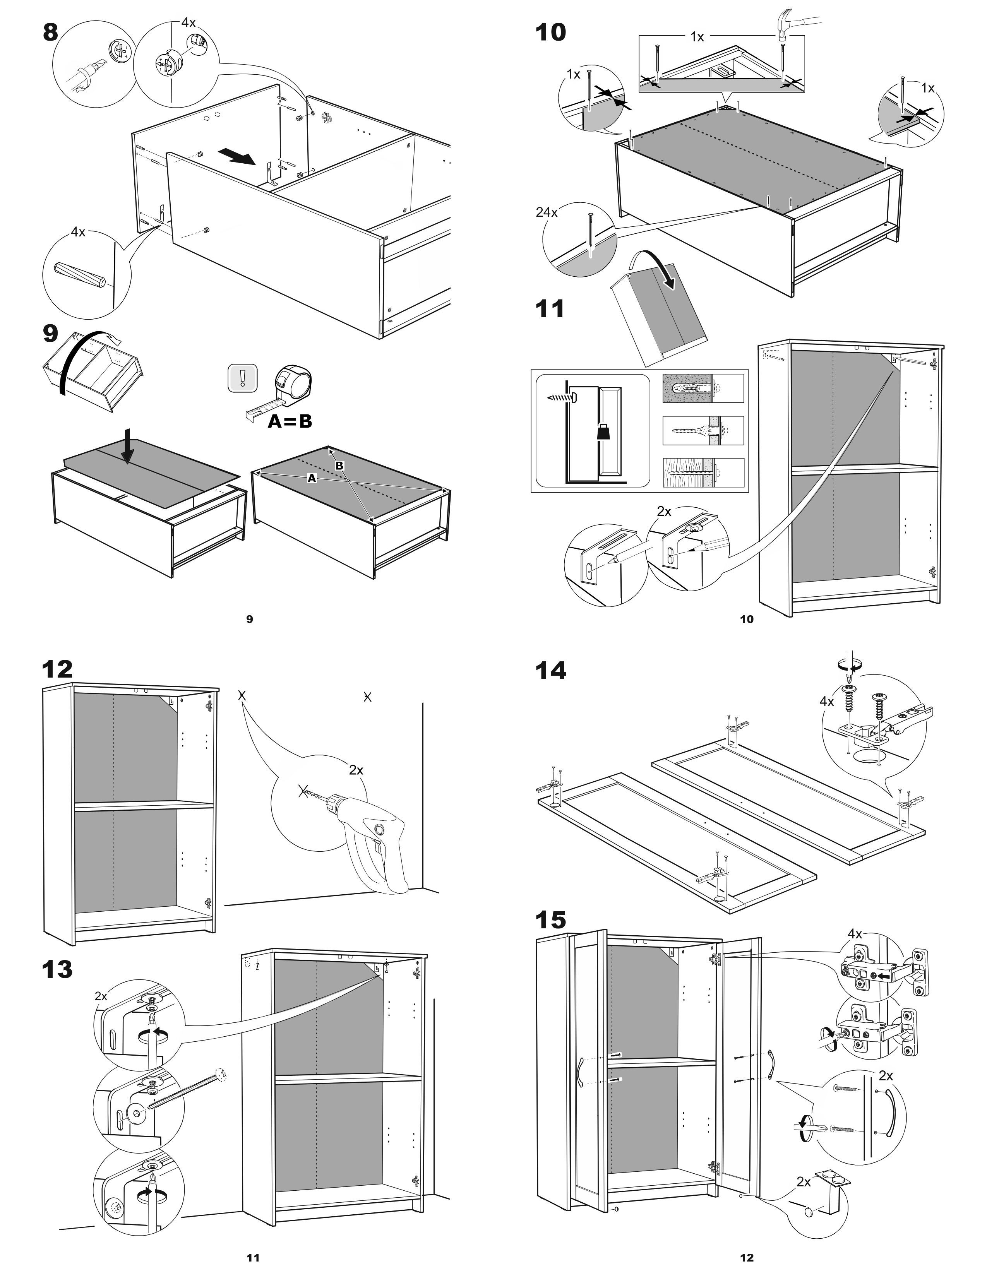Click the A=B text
click(290, 421)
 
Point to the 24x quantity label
click(546, 212)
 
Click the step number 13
click(57, 969)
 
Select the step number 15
click(551, 920)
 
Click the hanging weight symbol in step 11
click(603, 434)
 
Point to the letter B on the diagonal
click(339, 466)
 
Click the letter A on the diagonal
click(312, 478)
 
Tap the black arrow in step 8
click(237, 157)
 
